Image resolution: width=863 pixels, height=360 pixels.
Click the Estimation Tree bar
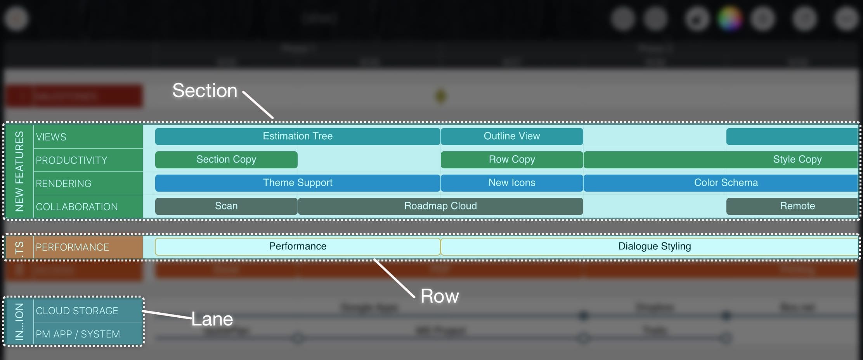pyautogui.click(x=298, y=136)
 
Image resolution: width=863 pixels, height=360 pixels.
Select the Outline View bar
pyautogui.click(x=511, y=136)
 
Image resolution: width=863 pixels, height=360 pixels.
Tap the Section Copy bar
pyautogui.click(x=226, y=159)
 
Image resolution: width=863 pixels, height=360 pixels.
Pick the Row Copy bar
pyautogui.click(x=511, y=159)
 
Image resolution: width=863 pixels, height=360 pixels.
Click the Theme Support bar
pyautogui.click(x=298, y=183)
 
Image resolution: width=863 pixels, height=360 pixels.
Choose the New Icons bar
pyautogui.click(x=511, y=183)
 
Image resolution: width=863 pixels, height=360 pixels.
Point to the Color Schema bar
pyautogui.click(x=726, y=183)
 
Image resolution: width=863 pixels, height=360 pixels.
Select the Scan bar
pyautogui.click(x=226, y=206)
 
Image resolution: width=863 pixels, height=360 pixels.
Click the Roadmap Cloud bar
pyautogui.click(x=440, y=206)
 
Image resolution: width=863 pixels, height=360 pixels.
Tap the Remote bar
pyautogui.click(x=797, y=206)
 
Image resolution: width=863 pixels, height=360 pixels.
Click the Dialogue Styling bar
pyautogui.click(x=654, y=246)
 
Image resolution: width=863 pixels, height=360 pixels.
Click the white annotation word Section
pyautogui.click(x=204, y=91)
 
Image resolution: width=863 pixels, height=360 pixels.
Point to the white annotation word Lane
pyautogui.click(x=212, y=319)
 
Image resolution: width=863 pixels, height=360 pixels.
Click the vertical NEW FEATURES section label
pyautogui.click(x=19, y=171)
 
